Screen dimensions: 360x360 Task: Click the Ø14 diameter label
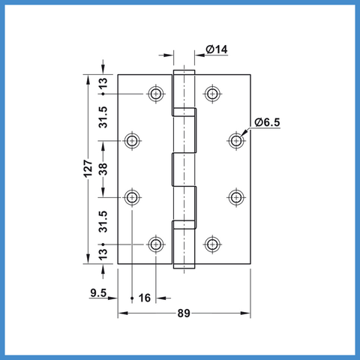(217, 49)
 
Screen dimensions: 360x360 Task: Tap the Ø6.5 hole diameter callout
(267, 122)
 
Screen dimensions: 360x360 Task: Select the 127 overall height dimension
(88, 169)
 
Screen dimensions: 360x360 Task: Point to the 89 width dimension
(184, 313)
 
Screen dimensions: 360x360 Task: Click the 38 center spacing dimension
(103, 169)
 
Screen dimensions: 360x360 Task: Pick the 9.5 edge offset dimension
(98, 292)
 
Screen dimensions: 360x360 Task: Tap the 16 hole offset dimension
(145, 298)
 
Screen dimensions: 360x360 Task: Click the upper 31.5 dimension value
(103, 117)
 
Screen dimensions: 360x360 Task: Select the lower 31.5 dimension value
(103, 222)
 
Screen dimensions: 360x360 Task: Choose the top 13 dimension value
(103, 83)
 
